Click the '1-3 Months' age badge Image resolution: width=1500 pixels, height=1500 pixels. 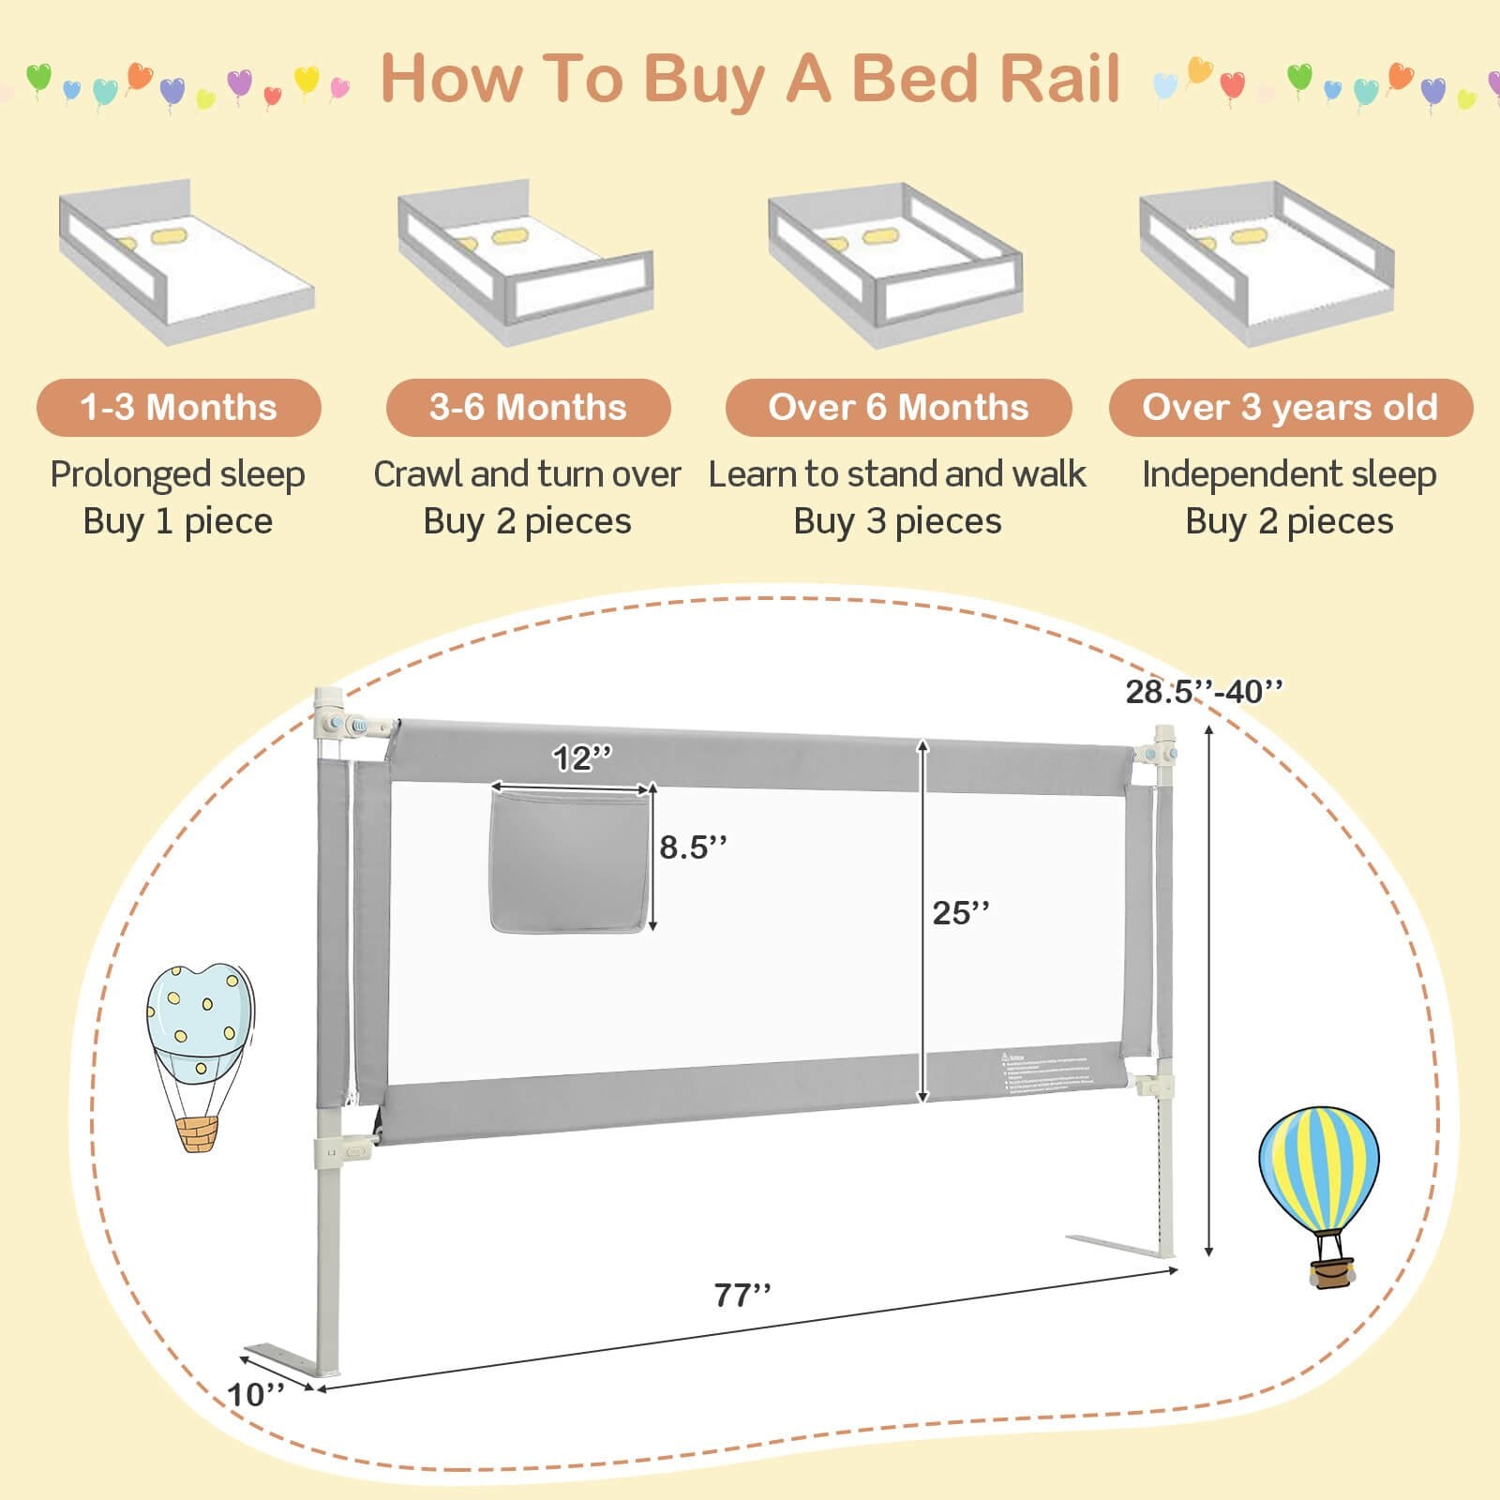(178, 408)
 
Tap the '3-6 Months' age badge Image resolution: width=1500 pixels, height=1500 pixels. (528, 408)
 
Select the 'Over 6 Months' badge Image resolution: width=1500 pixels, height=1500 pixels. (898, 408)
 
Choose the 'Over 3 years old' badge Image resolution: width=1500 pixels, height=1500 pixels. (1290, 408)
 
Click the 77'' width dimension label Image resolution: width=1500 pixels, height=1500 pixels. (742, 1295)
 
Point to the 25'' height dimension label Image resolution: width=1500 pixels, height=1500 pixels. (961, 912)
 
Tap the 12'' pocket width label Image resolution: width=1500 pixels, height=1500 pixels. (581, 757)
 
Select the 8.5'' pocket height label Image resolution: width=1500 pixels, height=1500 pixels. (693, 847)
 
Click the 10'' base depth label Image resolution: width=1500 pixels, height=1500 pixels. (256, 1394)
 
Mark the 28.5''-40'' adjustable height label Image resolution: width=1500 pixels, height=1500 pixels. (1204, 692)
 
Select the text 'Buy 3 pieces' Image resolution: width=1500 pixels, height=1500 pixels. (897, 521)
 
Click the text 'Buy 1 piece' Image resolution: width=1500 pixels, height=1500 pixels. (178, 521)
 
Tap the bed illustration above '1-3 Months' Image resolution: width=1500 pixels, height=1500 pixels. (186, 262)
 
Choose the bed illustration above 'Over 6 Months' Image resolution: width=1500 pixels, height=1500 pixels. (895, 264)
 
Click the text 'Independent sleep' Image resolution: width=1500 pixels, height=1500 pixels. (1289, 474)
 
